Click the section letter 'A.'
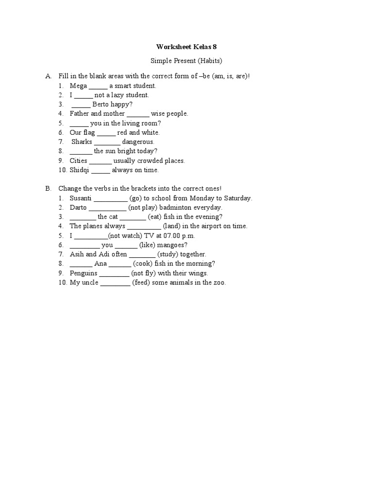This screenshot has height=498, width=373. coord(49,76)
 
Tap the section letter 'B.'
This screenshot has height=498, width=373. coord(49,189)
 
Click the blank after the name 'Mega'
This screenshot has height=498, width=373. coord(98,87)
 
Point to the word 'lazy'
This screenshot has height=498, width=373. coord(119,95)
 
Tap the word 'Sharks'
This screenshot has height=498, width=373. coord(82,142)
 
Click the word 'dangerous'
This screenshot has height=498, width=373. coord(138,142)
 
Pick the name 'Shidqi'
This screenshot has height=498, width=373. coord(79,170)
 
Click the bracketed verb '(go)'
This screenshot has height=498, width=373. coord(136,198)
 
